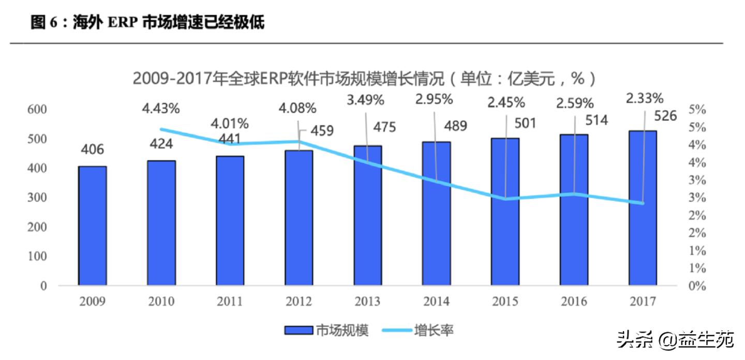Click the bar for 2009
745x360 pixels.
(x=93, y=226)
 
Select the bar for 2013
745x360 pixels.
(x=368, y=215)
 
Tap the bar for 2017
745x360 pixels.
(x=643, y=208)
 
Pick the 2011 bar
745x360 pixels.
(x=230, y=220)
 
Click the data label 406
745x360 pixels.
(x=93, y=150)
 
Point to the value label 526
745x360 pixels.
(x=665, y=116)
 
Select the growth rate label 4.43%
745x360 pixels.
(x=161, y=109)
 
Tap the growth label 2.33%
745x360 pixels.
(x=645, y=98)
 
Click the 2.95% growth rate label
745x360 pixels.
(x=435, y=99)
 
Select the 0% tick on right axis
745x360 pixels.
(x=697, y=286)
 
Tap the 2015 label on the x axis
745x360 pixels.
(x=504, y=302)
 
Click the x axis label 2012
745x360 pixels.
(x=299, y=302)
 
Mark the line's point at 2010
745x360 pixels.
(x=161, y=129)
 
